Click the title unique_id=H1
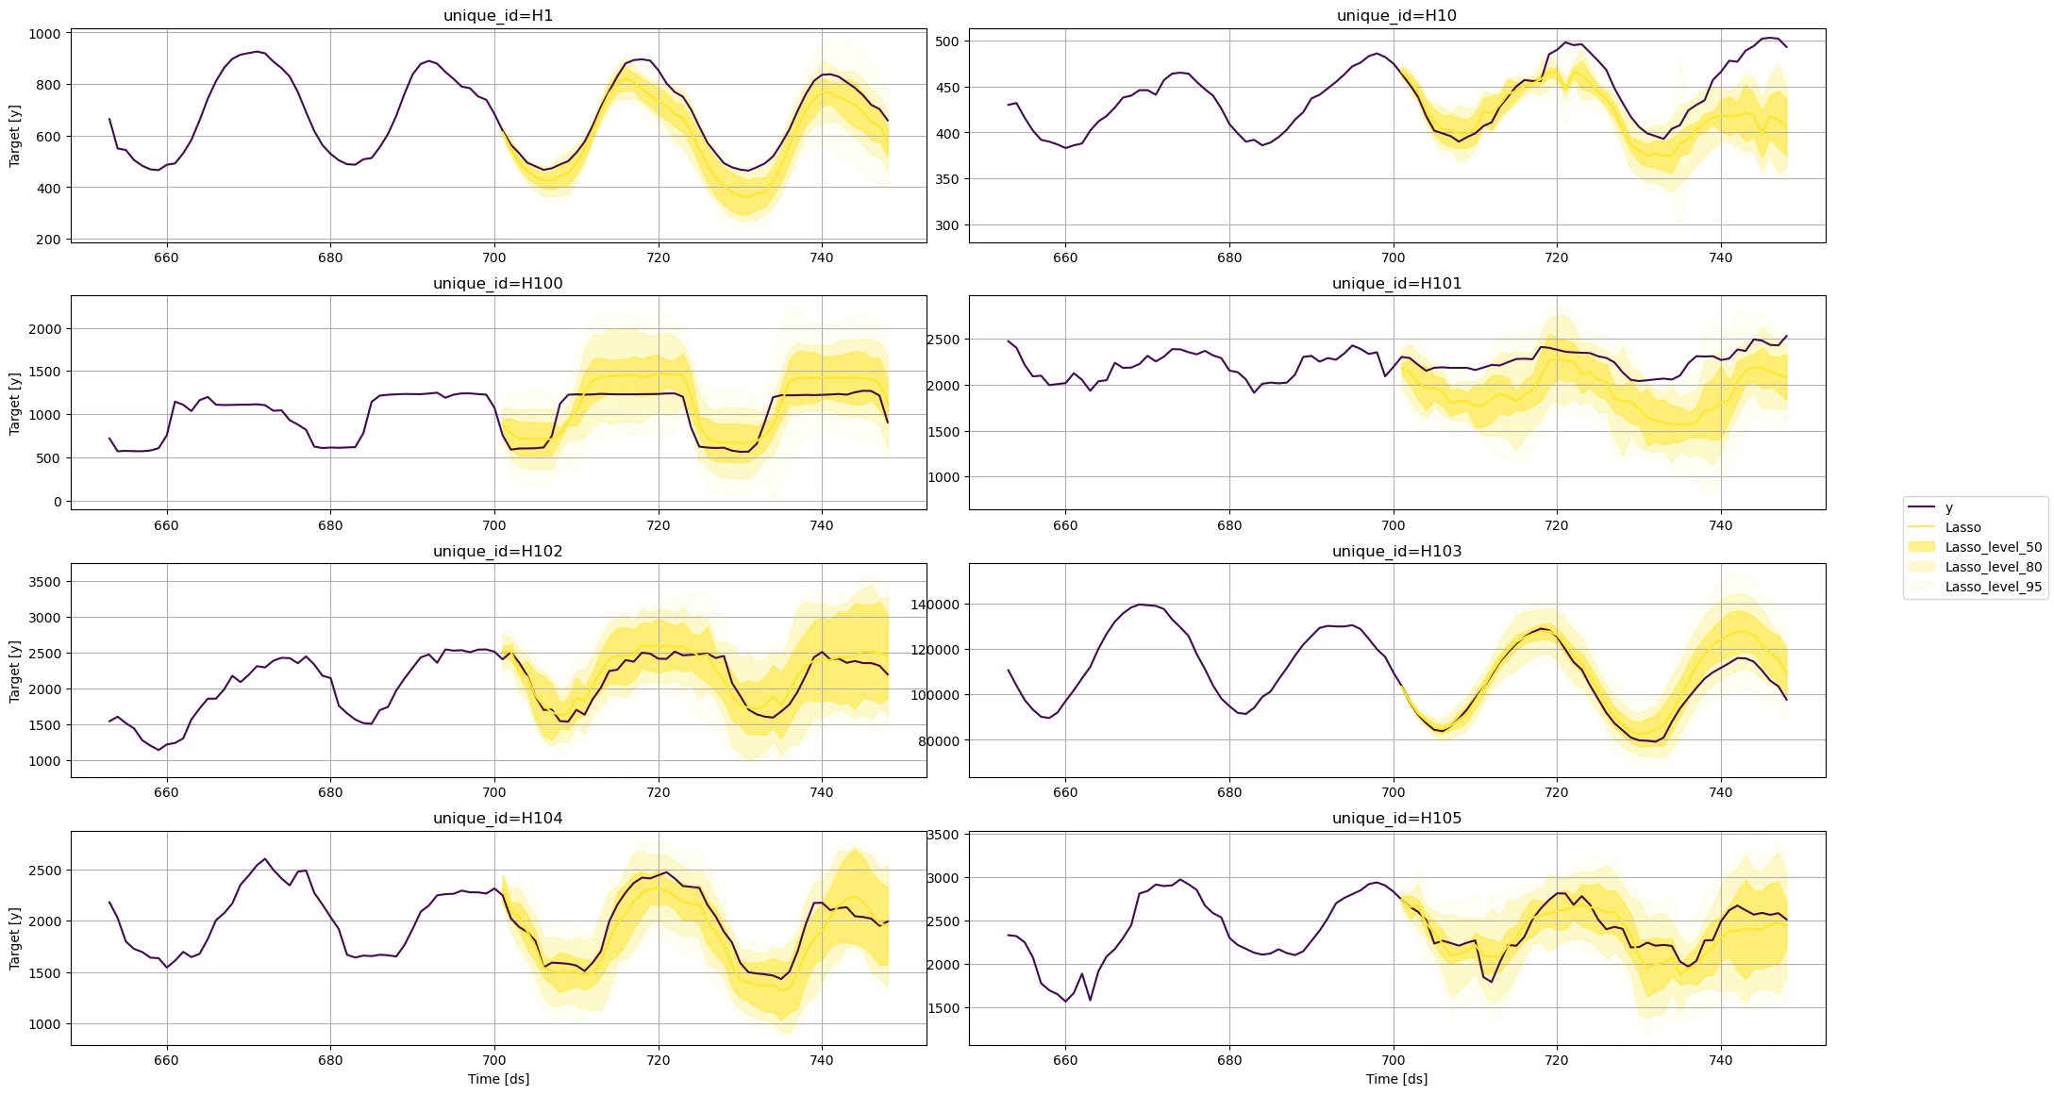pyautogui.click(x=497, y=16)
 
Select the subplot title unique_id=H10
pyautogui.click(x=1395, y=16)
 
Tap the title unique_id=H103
pyautogui.click(x=1395, y=552)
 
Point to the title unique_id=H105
pyautogui.click(x=1395, y=819)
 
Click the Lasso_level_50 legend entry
pyautogui.click(x=1993, y=547)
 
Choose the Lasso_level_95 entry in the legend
pyautogui.click(x=1993, y=587)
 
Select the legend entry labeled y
pyautogui.click(x=1949, y=507)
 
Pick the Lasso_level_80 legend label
pyautogui.click(x=1993, y=567)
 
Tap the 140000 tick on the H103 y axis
pyautogui.click(x=936, y=605)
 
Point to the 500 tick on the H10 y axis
pyautogui.click(x=947, y=41)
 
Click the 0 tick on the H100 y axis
pyautogui.click(x=58, y=502)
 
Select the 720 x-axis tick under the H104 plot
pyautogui.click(x=658, y=1060)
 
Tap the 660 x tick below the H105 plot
pyautogui.click(x=1065, y=1060)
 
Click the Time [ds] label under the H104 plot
pyautogui.click(x=498, y=1079)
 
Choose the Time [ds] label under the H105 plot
pyautogui.click(x=1396, y=1079)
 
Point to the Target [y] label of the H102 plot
pyautogui.click(x=14, y=672)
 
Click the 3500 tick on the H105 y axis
pyautogui.click(x=944, y=835)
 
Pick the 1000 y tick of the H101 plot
pyautogui.click(x=944, y=477)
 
